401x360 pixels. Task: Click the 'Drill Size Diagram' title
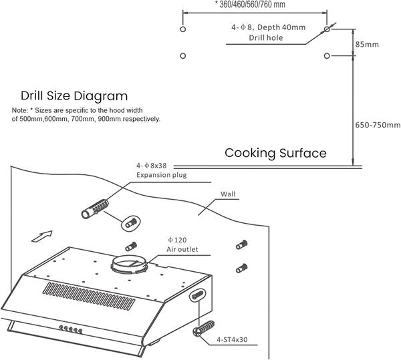click(x=74, y=96)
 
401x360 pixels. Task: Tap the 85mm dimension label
click(x=367, y=44)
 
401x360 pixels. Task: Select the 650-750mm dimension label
click(x=377, y=125)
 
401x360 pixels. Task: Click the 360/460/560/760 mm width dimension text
click(x=250, y=4)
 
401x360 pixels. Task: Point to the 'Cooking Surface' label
click(x=275, y=153)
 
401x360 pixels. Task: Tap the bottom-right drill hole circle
click(x=326, y=55)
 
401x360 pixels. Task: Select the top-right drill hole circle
click(x=326, y=30)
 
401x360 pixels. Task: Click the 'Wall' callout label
click(x=229, y=195)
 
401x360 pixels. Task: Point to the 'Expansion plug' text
click(x=161, y=175)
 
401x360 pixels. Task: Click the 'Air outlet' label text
click(x=182, y=249)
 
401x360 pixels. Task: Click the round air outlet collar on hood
click(x=132, y=265)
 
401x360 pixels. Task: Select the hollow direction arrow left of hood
click(x=41, y=236)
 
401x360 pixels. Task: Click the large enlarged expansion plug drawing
click(x=94, y=210)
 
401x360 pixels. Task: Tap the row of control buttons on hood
click(x=70, y=328)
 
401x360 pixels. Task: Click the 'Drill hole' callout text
click(x=266, y=38)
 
